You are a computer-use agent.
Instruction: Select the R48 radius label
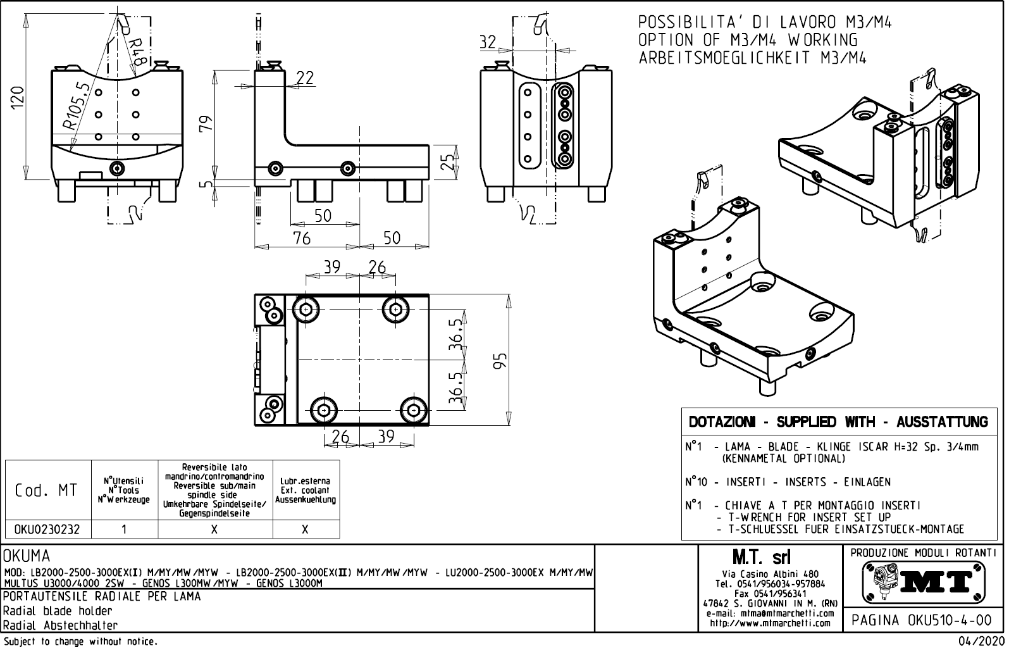click(137, 52)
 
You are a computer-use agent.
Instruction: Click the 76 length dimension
click(302, 238)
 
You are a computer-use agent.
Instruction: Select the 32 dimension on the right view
click(487, 42)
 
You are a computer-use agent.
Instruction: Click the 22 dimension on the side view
click(305, 78)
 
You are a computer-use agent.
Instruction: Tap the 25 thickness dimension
click(447, 162)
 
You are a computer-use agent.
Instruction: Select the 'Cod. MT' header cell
click(47, 491)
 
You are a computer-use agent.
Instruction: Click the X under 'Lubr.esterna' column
click(305, 530)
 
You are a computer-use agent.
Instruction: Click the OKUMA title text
click(27, 556)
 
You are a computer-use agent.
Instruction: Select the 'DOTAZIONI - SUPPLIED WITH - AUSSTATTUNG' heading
click(838, 422)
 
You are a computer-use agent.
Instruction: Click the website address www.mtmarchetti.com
click(770, 623)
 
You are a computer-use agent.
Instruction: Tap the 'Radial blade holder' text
click(58, 611)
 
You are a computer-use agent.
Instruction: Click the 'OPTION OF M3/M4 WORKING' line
click(748, 40)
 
